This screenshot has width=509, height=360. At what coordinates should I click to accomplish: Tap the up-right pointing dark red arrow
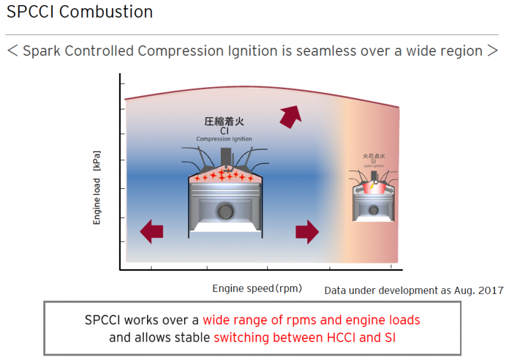pos(290,116)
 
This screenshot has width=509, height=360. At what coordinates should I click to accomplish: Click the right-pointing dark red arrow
pos(307,232)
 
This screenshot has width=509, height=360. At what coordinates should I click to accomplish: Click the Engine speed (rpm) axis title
pos(257,288)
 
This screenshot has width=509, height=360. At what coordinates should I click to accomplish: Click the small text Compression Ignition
pos(224,139)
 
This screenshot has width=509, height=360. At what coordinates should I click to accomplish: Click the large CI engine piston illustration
pos(224,200)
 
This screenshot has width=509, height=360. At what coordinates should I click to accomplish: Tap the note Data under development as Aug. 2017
pos(414,290)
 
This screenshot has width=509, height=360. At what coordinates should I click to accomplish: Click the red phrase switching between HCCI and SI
pos(305,337)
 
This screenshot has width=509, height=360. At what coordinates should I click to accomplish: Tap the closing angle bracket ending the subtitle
pos(492,51)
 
